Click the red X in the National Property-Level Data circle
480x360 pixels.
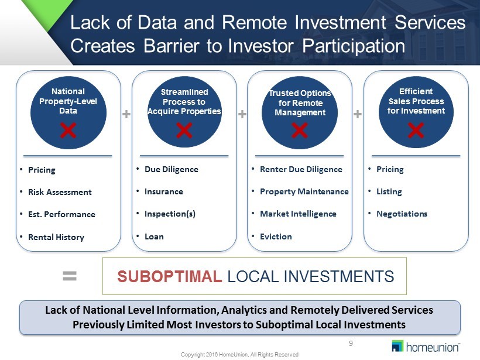[68, 131]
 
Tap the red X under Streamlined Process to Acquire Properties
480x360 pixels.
[184, 131]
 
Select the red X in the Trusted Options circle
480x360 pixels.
[300, 131]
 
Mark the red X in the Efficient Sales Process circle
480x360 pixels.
[416, 131]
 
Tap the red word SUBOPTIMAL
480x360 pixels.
[170, 276]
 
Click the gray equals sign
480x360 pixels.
[70, 276]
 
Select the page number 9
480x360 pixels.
[351, 344]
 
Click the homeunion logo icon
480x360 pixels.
[397, 346]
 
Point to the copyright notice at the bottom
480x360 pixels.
[239, 355]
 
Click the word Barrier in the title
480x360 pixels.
[172, 46]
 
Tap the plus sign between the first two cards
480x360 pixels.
[126, 114]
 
